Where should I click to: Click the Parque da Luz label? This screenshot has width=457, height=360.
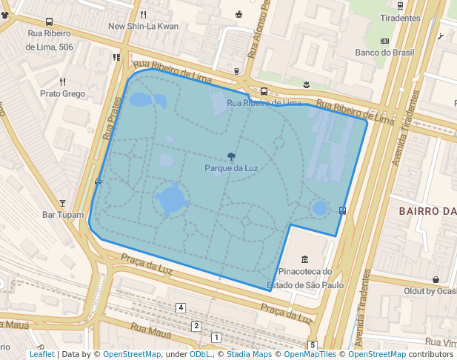[231, 168]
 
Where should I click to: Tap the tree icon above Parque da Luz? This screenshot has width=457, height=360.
[232, 156]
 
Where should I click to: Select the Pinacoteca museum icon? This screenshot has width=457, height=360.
[305, 259]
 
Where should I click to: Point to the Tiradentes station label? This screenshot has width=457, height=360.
[400, 18]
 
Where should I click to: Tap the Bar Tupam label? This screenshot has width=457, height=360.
[63, 215]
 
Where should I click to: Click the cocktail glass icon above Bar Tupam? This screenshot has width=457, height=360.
[63, 202]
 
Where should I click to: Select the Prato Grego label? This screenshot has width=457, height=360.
[63, 94]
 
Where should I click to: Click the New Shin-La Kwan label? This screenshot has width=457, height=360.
[143, 27]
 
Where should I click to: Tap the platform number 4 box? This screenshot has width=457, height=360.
[181, 307]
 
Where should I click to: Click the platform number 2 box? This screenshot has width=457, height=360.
[196, 326]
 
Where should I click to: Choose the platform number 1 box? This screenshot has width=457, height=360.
[216, 338]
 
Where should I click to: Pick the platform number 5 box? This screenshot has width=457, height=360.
[313, 345]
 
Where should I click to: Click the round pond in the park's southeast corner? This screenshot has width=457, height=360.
[320, 208]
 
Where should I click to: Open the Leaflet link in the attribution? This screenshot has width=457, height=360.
[42, 354]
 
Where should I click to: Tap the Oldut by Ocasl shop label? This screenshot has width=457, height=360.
[430, 291]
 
